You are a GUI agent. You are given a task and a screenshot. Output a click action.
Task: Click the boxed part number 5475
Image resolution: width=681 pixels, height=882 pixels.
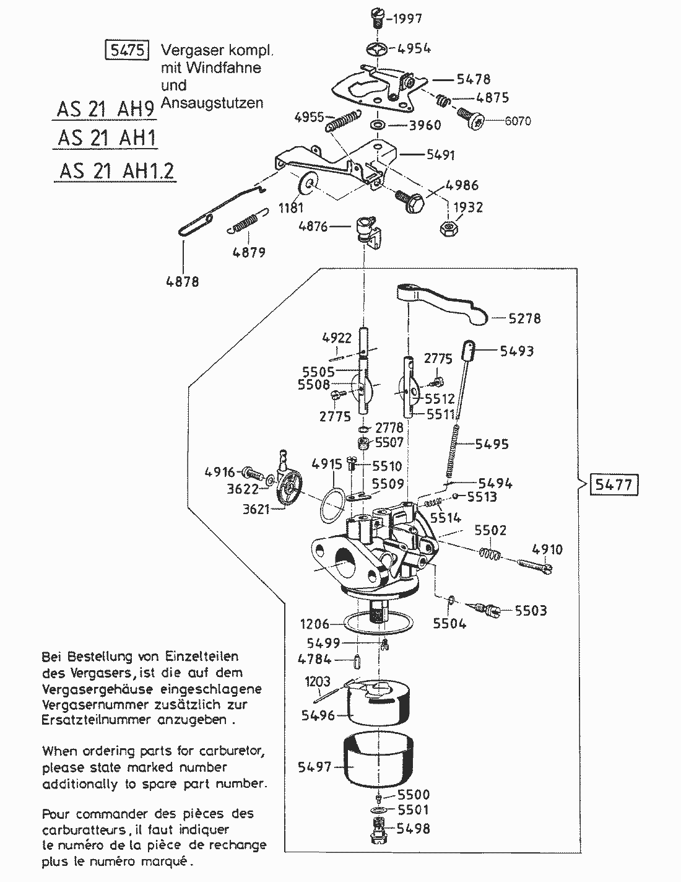coord(126,50)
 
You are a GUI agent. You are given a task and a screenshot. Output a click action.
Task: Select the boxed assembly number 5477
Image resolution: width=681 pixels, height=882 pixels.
coord(615,484)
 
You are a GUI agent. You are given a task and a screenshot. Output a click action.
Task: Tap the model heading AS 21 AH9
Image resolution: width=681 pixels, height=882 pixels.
coord(105,110)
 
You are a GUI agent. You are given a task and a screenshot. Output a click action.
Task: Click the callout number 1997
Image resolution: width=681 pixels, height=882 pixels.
coord(408,19)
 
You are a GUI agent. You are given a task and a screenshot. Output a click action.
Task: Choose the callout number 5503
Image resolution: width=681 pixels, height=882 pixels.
coord(531,611)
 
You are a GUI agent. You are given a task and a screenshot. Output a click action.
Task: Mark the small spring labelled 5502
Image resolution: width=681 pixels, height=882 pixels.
coord(490,554)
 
